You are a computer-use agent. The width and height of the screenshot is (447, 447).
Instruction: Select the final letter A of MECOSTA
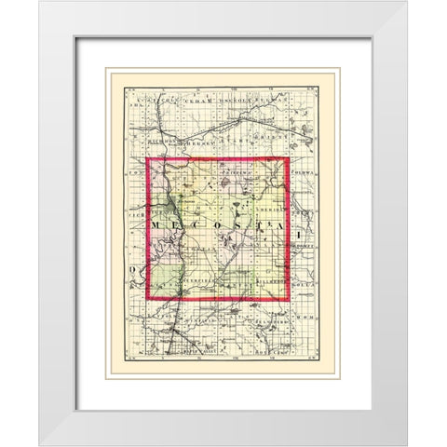point(264,226)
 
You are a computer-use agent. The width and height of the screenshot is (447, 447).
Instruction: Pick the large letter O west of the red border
point(134,271)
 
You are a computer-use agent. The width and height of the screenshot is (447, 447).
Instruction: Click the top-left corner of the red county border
point(147,159)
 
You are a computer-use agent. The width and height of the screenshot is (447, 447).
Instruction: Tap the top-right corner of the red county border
point(289,158)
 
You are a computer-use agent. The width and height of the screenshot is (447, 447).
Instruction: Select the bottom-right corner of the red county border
point(290,301)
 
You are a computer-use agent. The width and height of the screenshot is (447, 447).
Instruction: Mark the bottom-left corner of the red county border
point(147,301)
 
